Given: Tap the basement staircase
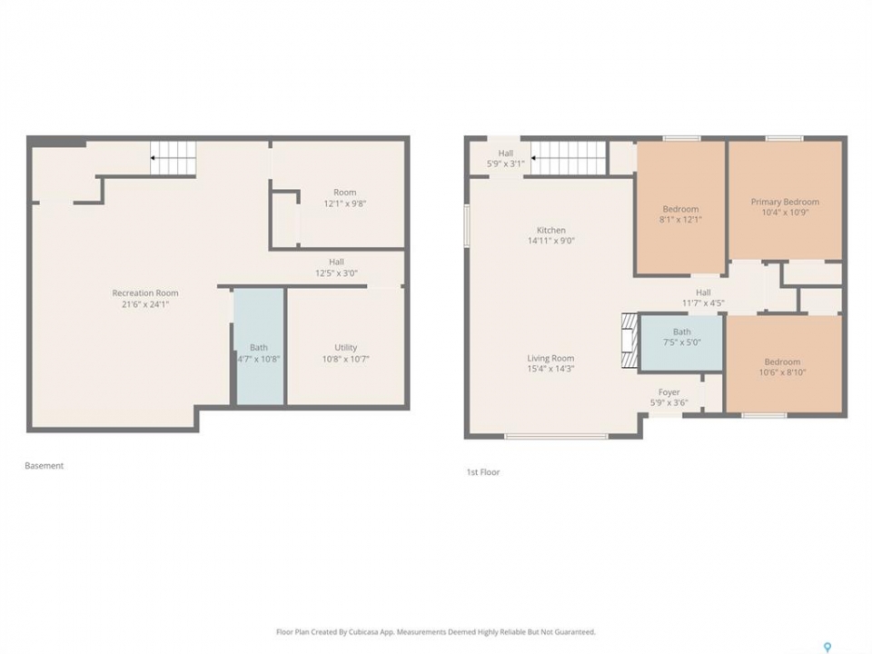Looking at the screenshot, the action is click(173, 158).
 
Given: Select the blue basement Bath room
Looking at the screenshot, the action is click(259, 346).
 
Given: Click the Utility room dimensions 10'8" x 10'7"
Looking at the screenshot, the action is click(345, 360).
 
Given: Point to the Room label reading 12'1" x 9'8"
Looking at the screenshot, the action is click(345, 198).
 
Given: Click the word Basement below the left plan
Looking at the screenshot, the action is click(44, 466).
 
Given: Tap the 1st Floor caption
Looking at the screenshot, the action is click(482, 472).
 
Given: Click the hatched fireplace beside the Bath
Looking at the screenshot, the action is click(629, 341).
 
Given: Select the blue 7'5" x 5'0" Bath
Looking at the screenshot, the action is click(682, 342).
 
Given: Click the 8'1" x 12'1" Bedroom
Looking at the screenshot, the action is click(680, 207).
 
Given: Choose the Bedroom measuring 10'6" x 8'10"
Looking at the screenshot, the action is click(784, 364).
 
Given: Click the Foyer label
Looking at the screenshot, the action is click(669, 392).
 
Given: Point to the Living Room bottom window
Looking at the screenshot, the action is click(556, 437).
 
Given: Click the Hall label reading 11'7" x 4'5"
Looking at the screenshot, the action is click(703, 298).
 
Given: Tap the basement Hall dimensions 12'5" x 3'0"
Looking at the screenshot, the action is click(336, 273).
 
